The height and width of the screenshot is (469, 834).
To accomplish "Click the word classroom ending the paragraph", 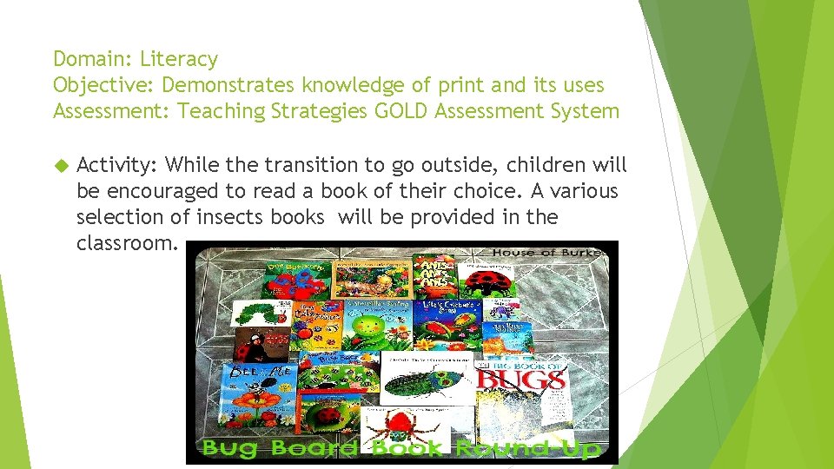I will [127, 243].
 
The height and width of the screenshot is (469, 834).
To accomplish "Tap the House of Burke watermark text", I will [547, 252].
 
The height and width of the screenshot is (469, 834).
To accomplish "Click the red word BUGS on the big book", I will [521, 378].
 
